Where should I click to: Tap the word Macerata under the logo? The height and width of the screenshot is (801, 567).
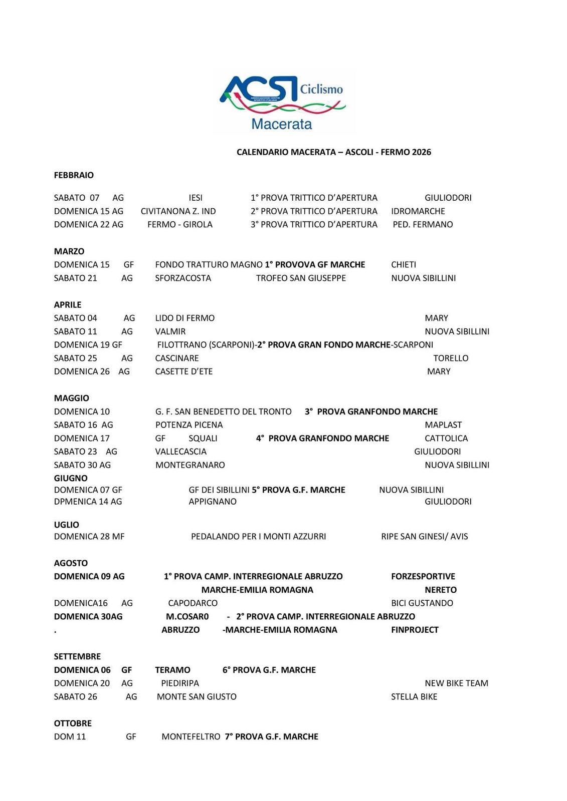tap(282, 124)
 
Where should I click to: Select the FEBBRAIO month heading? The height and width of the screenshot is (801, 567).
tap(74, 175)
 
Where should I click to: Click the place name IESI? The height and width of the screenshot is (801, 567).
tap(196, 198)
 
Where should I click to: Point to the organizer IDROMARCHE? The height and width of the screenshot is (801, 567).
tap(418, 211)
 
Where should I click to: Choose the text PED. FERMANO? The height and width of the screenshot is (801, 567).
tap(423, 224)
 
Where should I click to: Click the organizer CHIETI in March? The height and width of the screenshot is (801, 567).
tap(404, 264)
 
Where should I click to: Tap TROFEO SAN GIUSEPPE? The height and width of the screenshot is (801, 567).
tap(301, 278)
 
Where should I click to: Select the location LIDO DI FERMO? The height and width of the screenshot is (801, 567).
tap(184, 318)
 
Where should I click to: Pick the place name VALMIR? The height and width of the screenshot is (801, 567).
tap(170, 331)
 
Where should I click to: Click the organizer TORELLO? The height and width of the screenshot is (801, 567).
tap(451, 358)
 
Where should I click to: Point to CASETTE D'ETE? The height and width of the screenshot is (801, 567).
tap(184, 371)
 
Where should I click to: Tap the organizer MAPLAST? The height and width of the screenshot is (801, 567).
tap(443, 425)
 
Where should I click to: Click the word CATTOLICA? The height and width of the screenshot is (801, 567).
tap(446, 438)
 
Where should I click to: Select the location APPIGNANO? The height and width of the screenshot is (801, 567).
tap(213, 501)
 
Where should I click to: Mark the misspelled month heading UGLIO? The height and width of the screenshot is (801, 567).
tap(67, 525)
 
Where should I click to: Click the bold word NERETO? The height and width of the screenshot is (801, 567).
tap(441, 590)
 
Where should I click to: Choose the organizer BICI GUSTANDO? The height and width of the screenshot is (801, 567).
tap(422, 603)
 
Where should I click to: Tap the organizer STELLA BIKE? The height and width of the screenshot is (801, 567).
tap(414, 696)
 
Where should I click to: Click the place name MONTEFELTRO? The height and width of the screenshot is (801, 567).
tap(191, 736)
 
